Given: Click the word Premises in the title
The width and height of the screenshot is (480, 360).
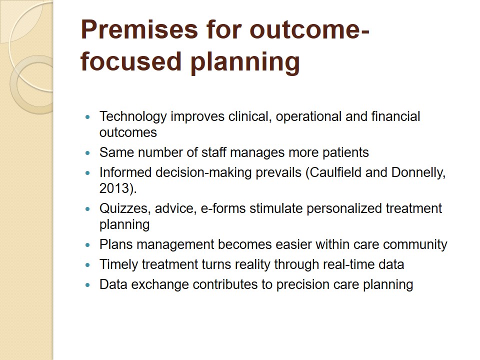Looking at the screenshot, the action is [x=139, y=30].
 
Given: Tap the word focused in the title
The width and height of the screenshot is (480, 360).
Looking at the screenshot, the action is [x=131, y=61].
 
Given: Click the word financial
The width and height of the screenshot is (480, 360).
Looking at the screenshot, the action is [x=395, y=116].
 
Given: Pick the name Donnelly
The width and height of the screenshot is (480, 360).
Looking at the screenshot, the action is [x=418, y=173].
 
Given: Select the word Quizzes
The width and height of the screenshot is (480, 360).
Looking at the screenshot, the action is [x=125, y=209].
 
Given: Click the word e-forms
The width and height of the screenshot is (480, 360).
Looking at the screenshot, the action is [x=223, y=208].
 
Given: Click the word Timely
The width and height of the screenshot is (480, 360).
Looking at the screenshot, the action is [x=119, y=265].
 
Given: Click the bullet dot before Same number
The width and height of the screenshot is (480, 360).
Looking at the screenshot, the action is [x=88, y=153].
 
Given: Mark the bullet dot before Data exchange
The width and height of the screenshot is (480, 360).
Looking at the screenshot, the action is [x=88, y=285].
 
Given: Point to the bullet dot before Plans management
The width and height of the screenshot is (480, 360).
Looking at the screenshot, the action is [x=88, y=245].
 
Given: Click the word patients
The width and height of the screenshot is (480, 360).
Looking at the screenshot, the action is [x=346, y=153].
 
